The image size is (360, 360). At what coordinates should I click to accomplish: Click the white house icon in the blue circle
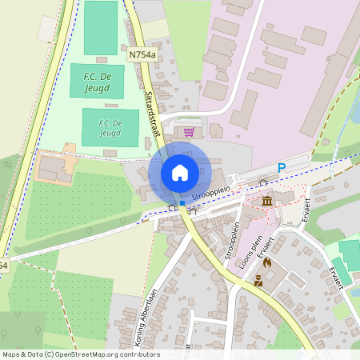pos(180,172)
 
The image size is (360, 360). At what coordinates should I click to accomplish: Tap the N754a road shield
pos(141,54)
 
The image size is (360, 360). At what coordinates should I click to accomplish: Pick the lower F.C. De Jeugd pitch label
pos(110,127)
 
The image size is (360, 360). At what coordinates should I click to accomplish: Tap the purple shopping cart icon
pos(189,132)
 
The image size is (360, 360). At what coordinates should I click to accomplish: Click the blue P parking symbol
pos(281,167)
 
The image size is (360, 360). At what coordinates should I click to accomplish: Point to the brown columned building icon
pos(266,198)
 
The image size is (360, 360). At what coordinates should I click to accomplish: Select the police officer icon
pos(258,281)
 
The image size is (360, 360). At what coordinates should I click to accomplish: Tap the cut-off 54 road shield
pos(3,265)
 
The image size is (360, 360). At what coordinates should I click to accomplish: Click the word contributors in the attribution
pos(138,354)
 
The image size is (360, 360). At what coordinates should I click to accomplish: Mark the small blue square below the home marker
pos(182,203)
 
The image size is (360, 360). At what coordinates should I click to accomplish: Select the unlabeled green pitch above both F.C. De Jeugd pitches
pos(101,28)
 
